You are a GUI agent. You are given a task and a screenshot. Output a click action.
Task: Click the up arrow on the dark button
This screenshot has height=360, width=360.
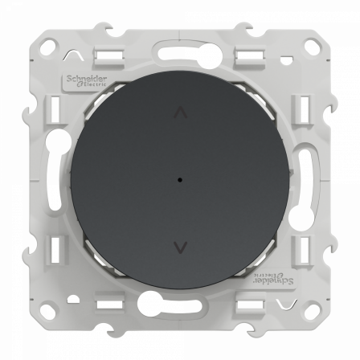(180, 114)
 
